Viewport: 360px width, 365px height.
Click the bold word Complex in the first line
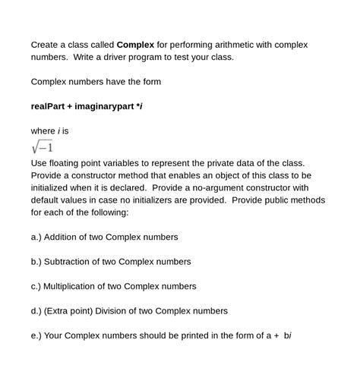pyautogui.click(x=135, y=45)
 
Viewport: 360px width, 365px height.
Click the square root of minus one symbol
pyautogui.click(x=42, y=146)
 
